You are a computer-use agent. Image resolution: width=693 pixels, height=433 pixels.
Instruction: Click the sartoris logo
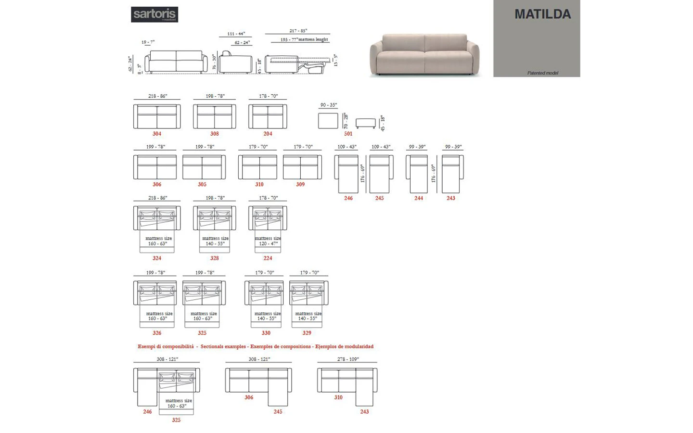click(154, 14)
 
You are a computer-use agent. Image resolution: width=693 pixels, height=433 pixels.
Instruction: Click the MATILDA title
click(542, 14)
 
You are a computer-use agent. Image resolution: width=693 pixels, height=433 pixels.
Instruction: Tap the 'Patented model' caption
click(542, 73)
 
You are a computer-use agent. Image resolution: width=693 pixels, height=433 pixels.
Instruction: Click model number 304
click(157, 134)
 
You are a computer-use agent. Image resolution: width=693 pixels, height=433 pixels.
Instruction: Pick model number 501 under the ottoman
click(348, 134)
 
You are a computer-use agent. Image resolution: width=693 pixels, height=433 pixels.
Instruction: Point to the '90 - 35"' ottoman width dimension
click(328, 105)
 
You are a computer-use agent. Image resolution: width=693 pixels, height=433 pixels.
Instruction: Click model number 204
click(268, 134)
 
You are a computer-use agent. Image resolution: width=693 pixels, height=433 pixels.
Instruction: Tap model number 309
click(300, 185)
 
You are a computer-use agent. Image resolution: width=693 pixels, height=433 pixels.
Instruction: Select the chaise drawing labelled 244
click(417, 174)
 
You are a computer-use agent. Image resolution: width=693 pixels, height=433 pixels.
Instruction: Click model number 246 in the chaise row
click(348, 198)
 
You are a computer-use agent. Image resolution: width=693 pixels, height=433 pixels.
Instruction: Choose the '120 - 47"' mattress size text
click(268, 244)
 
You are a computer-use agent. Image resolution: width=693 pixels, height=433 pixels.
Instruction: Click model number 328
click(214, 258)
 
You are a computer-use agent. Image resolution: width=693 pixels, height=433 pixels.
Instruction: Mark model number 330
click(266, 333)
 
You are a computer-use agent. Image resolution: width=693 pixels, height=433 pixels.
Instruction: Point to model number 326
click(157, 333)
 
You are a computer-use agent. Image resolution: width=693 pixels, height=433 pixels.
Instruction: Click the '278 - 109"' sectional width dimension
click(347, 359)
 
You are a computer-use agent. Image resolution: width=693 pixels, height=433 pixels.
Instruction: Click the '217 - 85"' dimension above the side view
click(298, 31)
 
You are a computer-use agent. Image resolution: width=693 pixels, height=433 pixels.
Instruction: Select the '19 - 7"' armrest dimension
click(148, 42)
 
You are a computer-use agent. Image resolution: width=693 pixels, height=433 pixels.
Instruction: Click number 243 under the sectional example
click(364, 412)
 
